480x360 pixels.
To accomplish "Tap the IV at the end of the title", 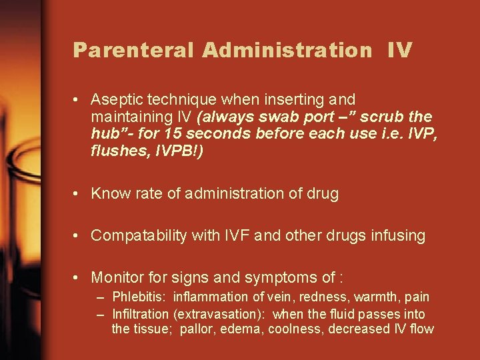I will point(399,51).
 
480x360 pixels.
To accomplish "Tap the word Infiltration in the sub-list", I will point(141,313).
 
